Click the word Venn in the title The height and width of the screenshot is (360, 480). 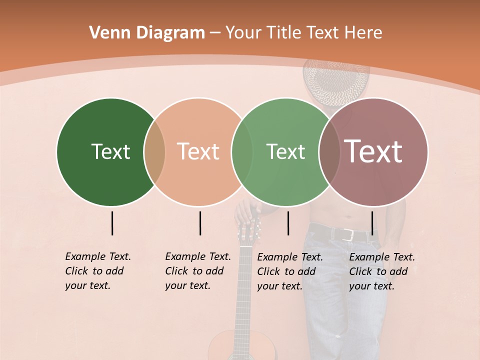tap(105, 33)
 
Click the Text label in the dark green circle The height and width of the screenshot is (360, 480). tap(110, 151)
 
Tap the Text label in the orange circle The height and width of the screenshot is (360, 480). tap(198, 151)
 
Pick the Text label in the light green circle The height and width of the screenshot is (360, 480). tap(285, 151)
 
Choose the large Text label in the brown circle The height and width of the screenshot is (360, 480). tap(373, 151)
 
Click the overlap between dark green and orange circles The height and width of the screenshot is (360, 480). tap(154, 151)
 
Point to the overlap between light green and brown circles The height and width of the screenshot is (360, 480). tap(329, 151)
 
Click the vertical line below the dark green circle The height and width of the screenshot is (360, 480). tap(112, 223)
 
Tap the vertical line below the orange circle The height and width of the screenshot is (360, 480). tap(200, 223)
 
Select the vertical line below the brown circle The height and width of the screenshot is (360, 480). tap(372, 223)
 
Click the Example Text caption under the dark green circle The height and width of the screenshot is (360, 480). tap(97, 271)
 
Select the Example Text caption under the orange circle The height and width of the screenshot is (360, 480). tap(197, 271)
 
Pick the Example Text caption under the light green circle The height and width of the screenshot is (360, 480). tap(289, 271)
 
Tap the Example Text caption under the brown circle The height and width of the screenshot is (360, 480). tap(381, 271)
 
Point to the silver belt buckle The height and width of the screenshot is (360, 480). tap(349, 235)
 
